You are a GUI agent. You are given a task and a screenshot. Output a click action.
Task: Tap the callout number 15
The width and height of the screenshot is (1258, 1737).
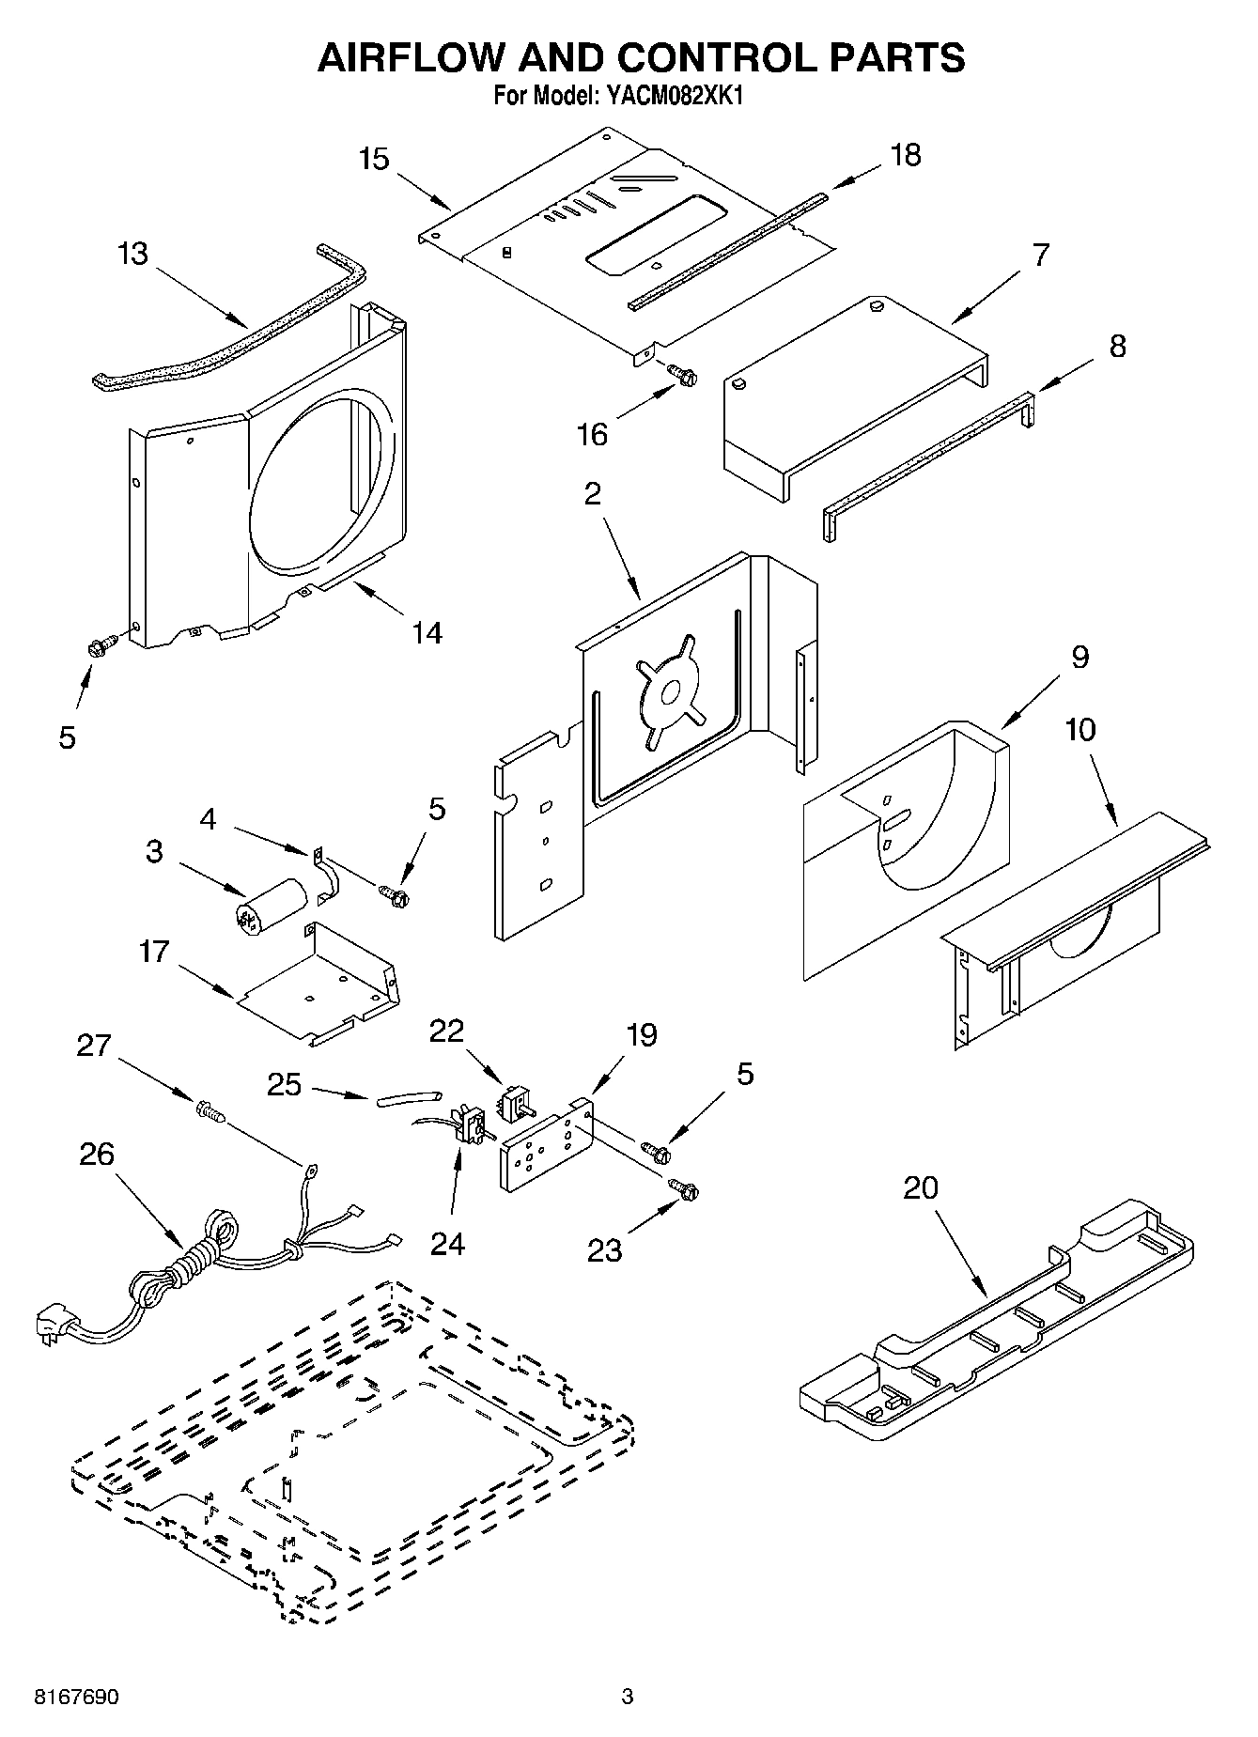[x=374, y=159]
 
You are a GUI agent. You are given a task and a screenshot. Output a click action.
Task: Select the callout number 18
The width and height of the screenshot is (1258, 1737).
[x=906, y=154]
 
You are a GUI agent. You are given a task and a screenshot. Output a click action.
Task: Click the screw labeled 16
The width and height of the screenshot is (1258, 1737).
[x=684, y=375]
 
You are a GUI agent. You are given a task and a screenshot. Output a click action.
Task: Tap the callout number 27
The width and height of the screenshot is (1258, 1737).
[x=93, y=1046]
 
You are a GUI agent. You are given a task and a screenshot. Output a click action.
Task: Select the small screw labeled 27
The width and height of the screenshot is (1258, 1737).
[x=211, y=1113]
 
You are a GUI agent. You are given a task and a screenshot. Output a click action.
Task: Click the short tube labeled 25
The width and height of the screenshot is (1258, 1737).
[x=409, y=1096]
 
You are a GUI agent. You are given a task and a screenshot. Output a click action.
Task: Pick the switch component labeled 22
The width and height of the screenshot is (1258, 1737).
[x=515, y=1102]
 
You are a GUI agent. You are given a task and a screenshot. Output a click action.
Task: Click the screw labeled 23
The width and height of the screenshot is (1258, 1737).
[x=684, y=1188]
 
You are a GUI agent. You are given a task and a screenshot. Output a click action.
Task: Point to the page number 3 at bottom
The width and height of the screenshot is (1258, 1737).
[x=628, y=1697]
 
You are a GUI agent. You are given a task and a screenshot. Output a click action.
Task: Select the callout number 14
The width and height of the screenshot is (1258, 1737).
[x=427, y=632]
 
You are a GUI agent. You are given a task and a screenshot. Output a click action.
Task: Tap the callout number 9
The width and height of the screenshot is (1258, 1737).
[x=1079, y=657]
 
